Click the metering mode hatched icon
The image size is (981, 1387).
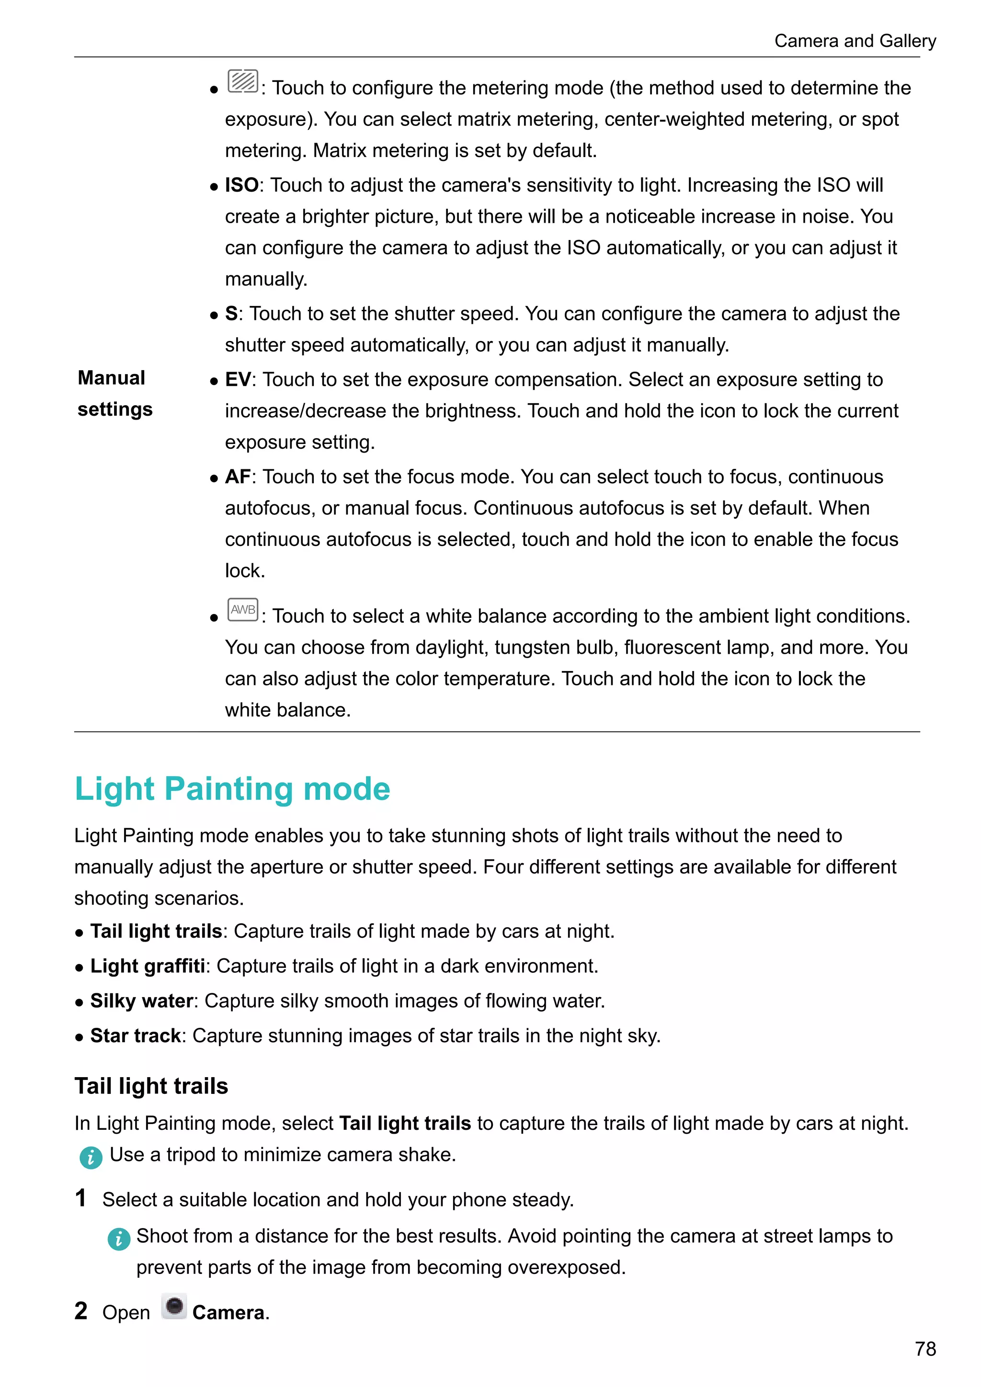243,81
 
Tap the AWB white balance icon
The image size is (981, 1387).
243,610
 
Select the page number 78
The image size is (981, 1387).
925,1349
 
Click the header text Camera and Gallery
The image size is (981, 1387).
855,41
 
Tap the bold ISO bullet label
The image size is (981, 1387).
241,185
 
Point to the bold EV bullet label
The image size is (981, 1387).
238,379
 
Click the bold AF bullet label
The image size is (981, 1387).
238,477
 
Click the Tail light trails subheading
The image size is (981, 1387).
151,1086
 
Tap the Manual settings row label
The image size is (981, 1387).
115,393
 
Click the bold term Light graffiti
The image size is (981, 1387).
148,966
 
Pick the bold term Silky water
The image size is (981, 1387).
141,1001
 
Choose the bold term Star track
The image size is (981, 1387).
135,1035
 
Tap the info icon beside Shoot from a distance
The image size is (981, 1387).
118,1239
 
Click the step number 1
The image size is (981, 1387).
80,1198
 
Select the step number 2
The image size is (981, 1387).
81,1311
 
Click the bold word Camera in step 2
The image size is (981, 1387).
228,1313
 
